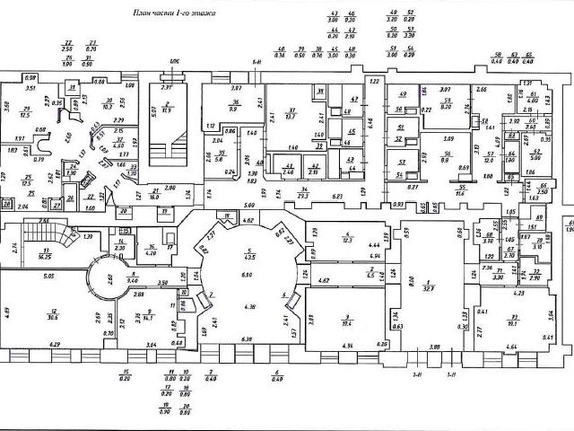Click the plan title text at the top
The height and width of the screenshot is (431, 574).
point(174,14)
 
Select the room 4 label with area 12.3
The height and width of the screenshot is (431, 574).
point(346,237)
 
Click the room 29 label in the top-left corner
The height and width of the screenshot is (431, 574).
point(25,112)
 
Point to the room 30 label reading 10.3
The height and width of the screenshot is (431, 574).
point(108,104)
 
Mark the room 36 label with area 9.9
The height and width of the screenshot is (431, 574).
point(235,105)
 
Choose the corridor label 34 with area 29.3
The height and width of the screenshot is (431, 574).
point(304,191)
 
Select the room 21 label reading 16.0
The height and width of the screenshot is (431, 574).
point(154,191)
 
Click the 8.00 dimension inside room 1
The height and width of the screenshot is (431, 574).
point(412,280)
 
